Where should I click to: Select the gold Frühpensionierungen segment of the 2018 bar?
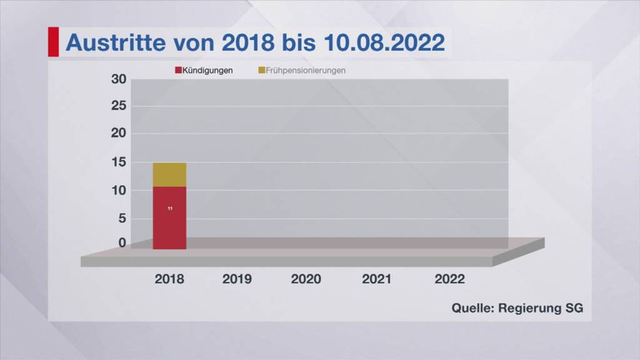(169, 174)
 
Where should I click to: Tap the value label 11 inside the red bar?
(170, 208)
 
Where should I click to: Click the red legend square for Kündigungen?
(178, 71)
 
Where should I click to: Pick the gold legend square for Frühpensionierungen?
(261, 71)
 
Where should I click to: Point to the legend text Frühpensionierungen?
(306, 71)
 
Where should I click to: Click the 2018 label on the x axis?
(169, 279)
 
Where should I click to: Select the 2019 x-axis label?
(237, 279)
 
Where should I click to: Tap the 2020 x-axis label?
(306, 279)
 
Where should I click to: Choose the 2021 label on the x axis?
(377, 279)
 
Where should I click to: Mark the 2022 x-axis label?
(449, 279)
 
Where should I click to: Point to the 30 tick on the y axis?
(119, 79)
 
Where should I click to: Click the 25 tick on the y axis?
(119, 106)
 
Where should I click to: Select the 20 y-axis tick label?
(119, 133)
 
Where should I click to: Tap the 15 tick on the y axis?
(119, 162)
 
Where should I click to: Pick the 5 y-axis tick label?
(122, 218)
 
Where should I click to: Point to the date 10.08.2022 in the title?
(384, 42)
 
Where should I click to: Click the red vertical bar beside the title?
(53, 42)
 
